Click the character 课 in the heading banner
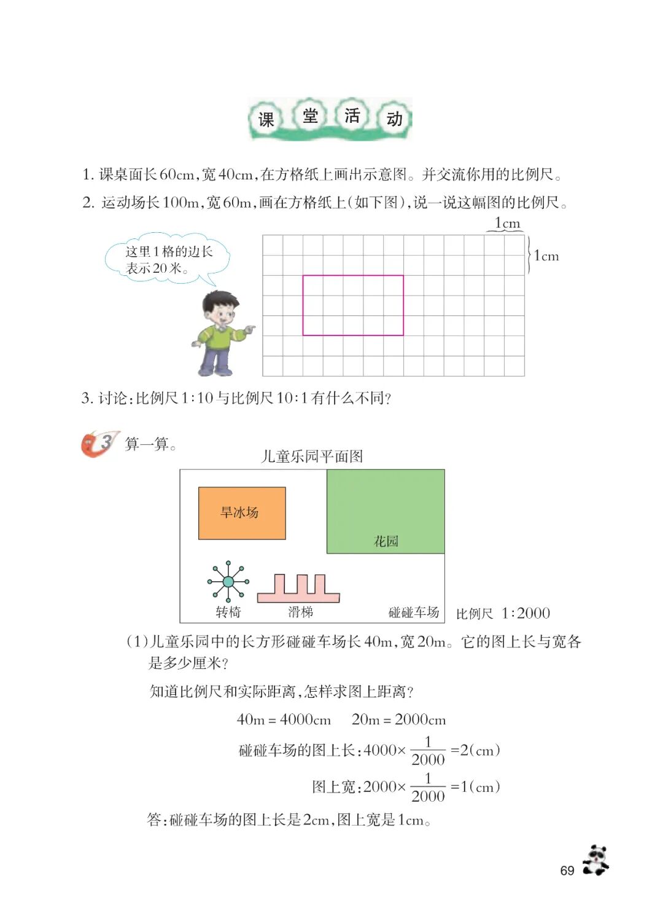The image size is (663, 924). (x=266, y=119)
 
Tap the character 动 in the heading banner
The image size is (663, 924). (x=395, y=119)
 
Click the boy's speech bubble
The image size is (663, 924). (x=168, y=259)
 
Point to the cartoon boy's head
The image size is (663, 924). (x=220, y=308)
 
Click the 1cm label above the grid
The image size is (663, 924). (x=507, y=224)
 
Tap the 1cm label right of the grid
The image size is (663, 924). (x=546, y=256)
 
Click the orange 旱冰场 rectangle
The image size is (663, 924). (x=242, y=513)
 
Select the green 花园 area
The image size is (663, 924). (x=386, y=511)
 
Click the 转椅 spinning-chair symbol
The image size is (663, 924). (x=228, y=581)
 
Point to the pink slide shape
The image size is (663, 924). (x=298, y=589)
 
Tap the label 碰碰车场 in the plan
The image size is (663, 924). (x=414, y=612)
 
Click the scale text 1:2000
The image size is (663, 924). (x=525, y=613)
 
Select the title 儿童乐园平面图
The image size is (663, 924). (x=312, y=456)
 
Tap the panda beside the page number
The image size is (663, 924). (x=595, y=860)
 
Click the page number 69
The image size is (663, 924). (x=567, y=871)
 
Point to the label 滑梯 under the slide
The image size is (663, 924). (x=301, y=612)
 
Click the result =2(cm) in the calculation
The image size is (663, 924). (x=476, y=750)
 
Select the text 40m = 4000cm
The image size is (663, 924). (x=284, y=719)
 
